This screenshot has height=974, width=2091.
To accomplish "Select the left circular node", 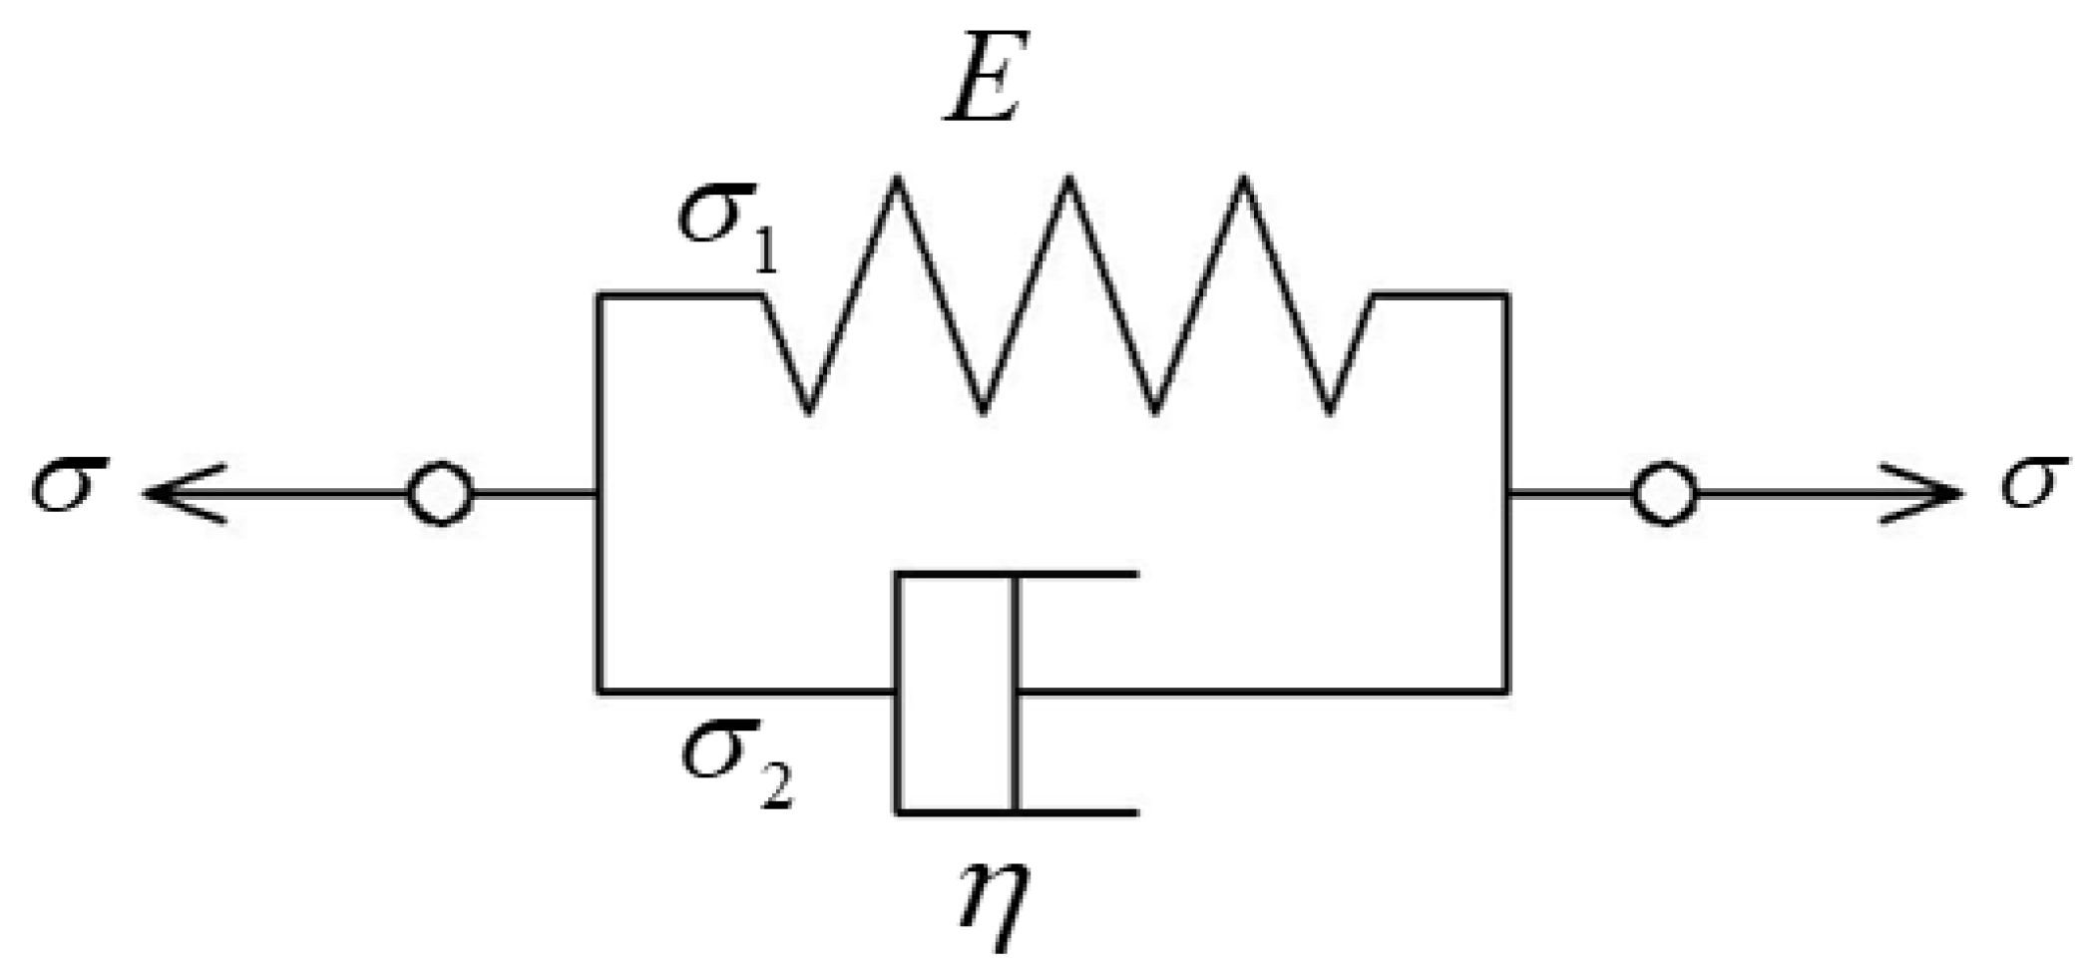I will point(440,493).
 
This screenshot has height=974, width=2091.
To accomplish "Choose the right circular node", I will point(1663,493).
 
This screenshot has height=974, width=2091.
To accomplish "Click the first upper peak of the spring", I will point(897,183).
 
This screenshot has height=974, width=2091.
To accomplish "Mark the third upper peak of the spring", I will point(1243,183).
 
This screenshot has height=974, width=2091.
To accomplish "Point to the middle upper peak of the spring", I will point(1069,183).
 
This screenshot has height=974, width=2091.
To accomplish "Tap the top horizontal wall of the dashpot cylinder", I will point(1018,575).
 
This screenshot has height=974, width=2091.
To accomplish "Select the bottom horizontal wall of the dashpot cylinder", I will point(1018,811).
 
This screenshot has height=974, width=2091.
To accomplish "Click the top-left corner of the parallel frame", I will point(600,295).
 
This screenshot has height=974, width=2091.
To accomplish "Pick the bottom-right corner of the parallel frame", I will point(1505,690).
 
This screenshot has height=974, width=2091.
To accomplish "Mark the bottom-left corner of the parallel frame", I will point(600,690).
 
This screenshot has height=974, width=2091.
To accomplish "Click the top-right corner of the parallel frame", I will point(1505,295).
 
